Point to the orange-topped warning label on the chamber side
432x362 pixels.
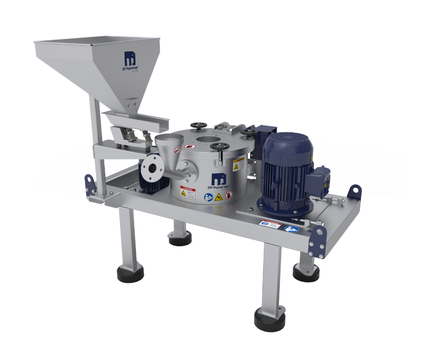(x=238, y=164)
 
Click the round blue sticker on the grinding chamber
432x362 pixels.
(x=208, y=197)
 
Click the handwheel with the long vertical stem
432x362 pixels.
(x=217, y=148)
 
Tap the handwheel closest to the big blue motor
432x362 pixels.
(x=250, y=132)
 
